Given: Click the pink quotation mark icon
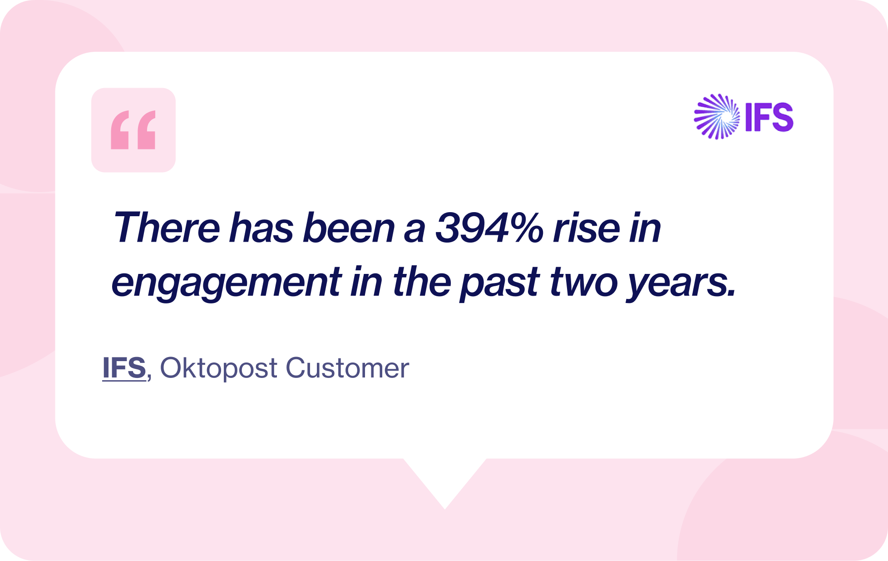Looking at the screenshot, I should tap(133, 130).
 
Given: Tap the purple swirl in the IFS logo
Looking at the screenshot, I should tap(717, 117).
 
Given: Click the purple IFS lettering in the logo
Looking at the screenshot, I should tap(769, 118).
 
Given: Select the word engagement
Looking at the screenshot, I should tap(226, 283).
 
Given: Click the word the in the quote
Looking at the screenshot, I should tap(422, 282).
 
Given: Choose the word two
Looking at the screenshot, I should tap(583, 282).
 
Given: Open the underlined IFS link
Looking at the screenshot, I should tap(124, 367).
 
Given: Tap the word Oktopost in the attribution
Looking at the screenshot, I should tap(218, 368).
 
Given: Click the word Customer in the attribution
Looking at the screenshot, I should tap(347, 368).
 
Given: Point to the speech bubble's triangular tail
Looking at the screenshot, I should tap(445, 482).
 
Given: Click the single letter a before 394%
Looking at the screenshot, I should tap(414, 228).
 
